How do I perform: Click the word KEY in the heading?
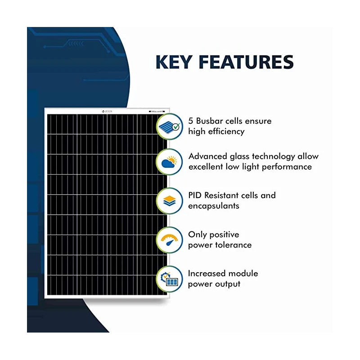(176, 62)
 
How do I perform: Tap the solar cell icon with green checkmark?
(170, 126)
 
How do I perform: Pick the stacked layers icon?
(170, 201)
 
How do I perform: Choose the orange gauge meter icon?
(170, 240)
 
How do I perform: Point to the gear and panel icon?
(170, 279)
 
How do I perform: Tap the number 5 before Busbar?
(191, 121)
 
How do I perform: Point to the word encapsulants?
(214, 206)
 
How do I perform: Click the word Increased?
(207, 274)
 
